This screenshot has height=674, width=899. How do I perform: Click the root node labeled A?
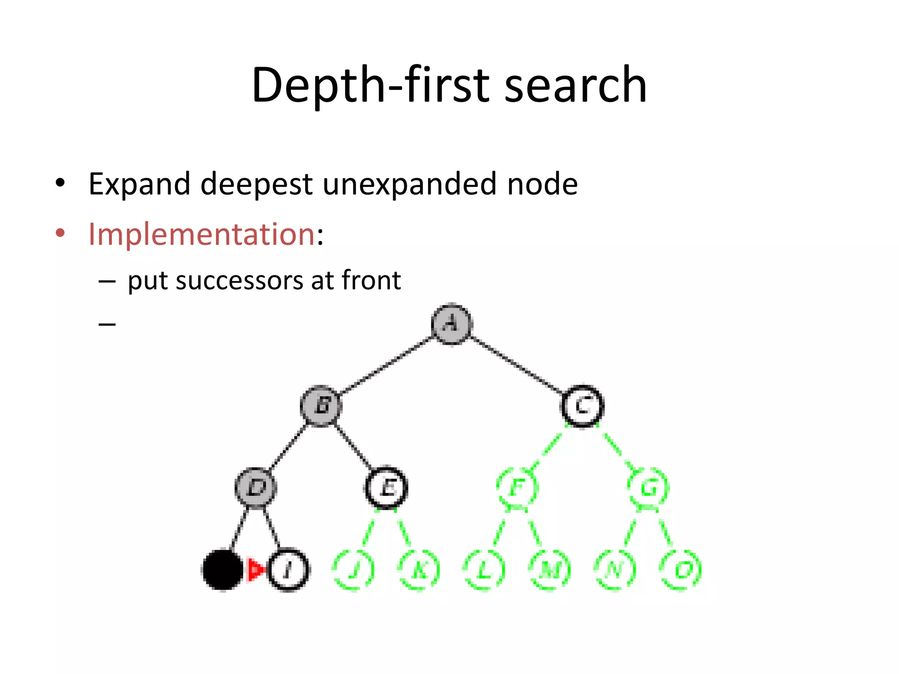tap(451, 324)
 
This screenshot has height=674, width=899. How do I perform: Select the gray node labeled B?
tap(321, 405)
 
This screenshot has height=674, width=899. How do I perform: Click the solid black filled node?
tap(223, 570)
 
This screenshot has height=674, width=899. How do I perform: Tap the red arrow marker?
tap(256, 570)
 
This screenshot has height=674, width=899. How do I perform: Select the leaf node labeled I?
tap(288, 570)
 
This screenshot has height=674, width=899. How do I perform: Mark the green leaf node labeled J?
tap(353, 570)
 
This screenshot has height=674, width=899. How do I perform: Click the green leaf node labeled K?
tap(419, 570)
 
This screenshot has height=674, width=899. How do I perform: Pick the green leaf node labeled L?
tap(484, 570)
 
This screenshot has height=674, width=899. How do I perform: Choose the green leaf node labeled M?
tap(550, 570)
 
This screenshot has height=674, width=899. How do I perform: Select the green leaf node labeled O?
tap(680, 570)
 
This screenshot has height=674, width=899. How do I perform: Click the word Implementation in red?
tap(201, 234)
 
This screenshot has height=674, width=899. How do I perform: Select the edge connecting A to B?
tap(386, 365)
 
